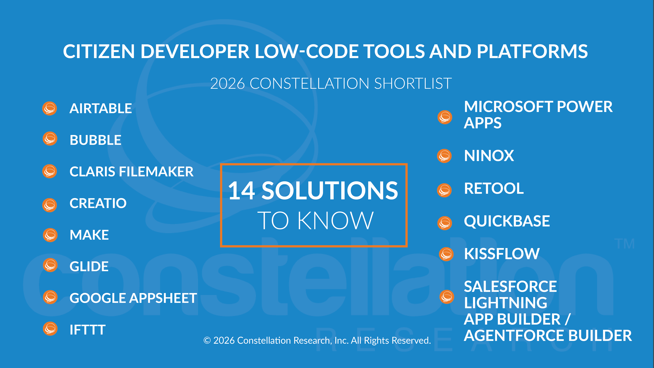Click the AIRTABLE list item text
[101, 108]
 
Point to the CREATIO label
[98, 203]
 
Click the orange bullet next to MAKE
[50, 235]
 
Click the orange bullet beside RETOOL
[444, 190]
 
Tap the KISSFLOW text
[502, 254]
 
